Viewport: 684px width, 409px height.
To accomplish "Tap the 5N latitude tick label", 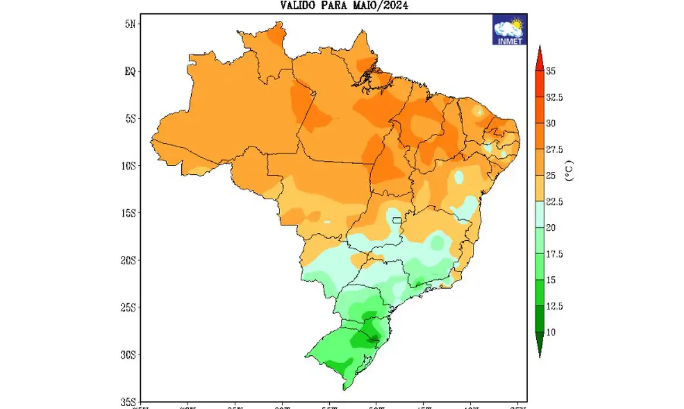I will [x=130, y=24].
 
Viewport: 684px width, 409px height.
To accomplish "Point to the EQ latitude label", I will [x=130, y=71].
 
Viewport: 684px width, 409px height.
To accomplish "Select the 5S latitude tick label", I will [x=130, y=119].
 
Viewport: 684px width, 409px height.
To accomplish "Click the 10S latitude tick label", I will [x=128, y=166].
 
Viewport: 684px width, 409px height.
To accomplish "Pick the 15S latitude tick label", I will [x=128, y=213].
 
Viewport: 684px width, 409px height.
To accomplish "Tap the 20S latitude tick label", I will [x=128, y=261].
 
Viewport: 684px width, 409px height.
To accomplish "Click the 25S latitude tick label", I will [x=128, y=308].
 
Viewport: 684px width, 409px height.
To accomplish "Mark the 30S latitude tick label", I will [x=128, y=355].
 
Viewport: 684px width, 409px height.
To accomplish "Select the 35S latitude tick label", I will [x=128, y=402].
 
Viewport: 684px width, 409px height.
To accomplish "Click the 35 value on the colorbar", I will [x=551, y=71].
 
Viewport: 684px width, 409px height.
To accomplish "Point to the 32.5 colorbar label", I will [x=554, y=98].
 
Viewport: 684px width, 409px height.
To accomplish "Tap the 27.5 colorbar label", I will [x=554, y=150].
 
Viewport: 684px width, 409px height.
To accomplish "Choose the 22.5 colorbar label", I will [x=554, y=202].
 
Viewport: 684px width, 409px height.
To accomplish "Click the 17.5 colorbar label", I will [x=554, y=254].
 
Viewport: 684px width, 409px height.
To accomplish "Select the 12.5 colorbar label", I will [x=554, y=306].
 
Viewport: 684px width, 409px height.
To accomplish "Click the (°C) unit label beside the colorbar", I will [x=570, y=170].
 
